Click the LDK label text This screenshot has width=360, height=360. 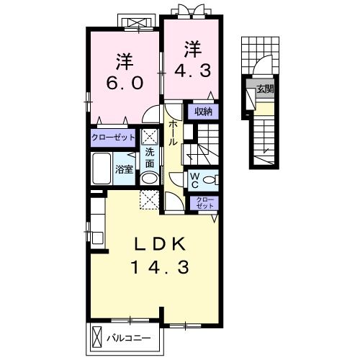point(161,244)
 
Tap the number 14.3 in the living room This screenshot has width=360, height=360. point(160,267)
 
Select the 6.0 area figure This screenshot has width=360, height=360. point(125,83)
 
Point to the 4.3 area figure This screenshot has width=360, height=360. point(193,71)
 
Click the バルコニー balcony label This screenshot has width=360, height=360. point(129,338)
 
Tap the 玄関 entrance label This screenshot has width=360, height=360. point(265,89)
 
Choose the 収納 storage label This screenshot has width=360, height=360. point(203,112)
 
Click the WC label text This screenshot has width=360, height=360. point(195,181)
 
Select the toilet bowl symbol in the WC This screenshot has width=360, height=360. point(210,180)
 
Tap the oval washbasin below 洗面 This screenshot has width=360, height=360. point(149,179)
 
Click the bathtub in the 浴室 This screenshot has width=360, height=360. point(102,168)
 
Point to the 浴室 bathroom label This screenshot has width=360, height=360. point(124,169)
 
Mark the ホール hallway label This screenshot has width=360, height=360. point(173,133)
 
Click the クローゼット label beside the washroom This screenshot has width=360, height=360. point(113,138)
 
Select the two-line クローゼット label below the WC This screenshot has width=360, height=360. point(204,203)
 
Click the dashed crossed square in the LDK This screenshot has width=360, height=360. point(149,200)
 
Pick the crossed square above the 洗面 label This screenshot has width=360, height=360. point(149,137)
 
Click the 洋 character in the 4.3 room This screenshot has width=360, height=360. point(193,50)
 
